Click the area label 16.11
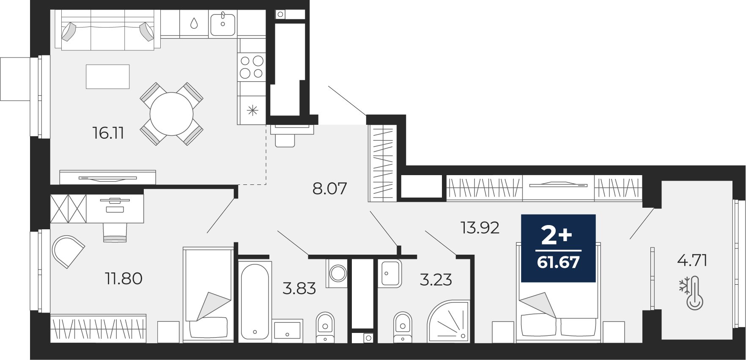108,133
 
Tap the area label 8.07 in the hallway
330,188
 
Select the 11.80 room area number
123,278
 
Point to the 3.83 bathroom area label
299,289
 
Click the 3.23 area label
436,280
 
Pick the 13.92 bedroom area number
480,228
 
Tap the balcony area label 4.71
692,260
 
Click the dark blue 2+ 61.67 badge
558,248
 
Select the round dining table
172,114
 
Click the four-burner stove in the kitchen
252,67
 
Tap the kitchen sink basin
223,24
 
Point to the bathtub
255,300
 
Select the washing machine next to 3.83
337,273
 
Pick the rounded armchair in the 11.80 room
68,252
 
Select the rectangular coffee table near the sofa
107,77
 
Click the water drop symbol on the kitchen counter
194,23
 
